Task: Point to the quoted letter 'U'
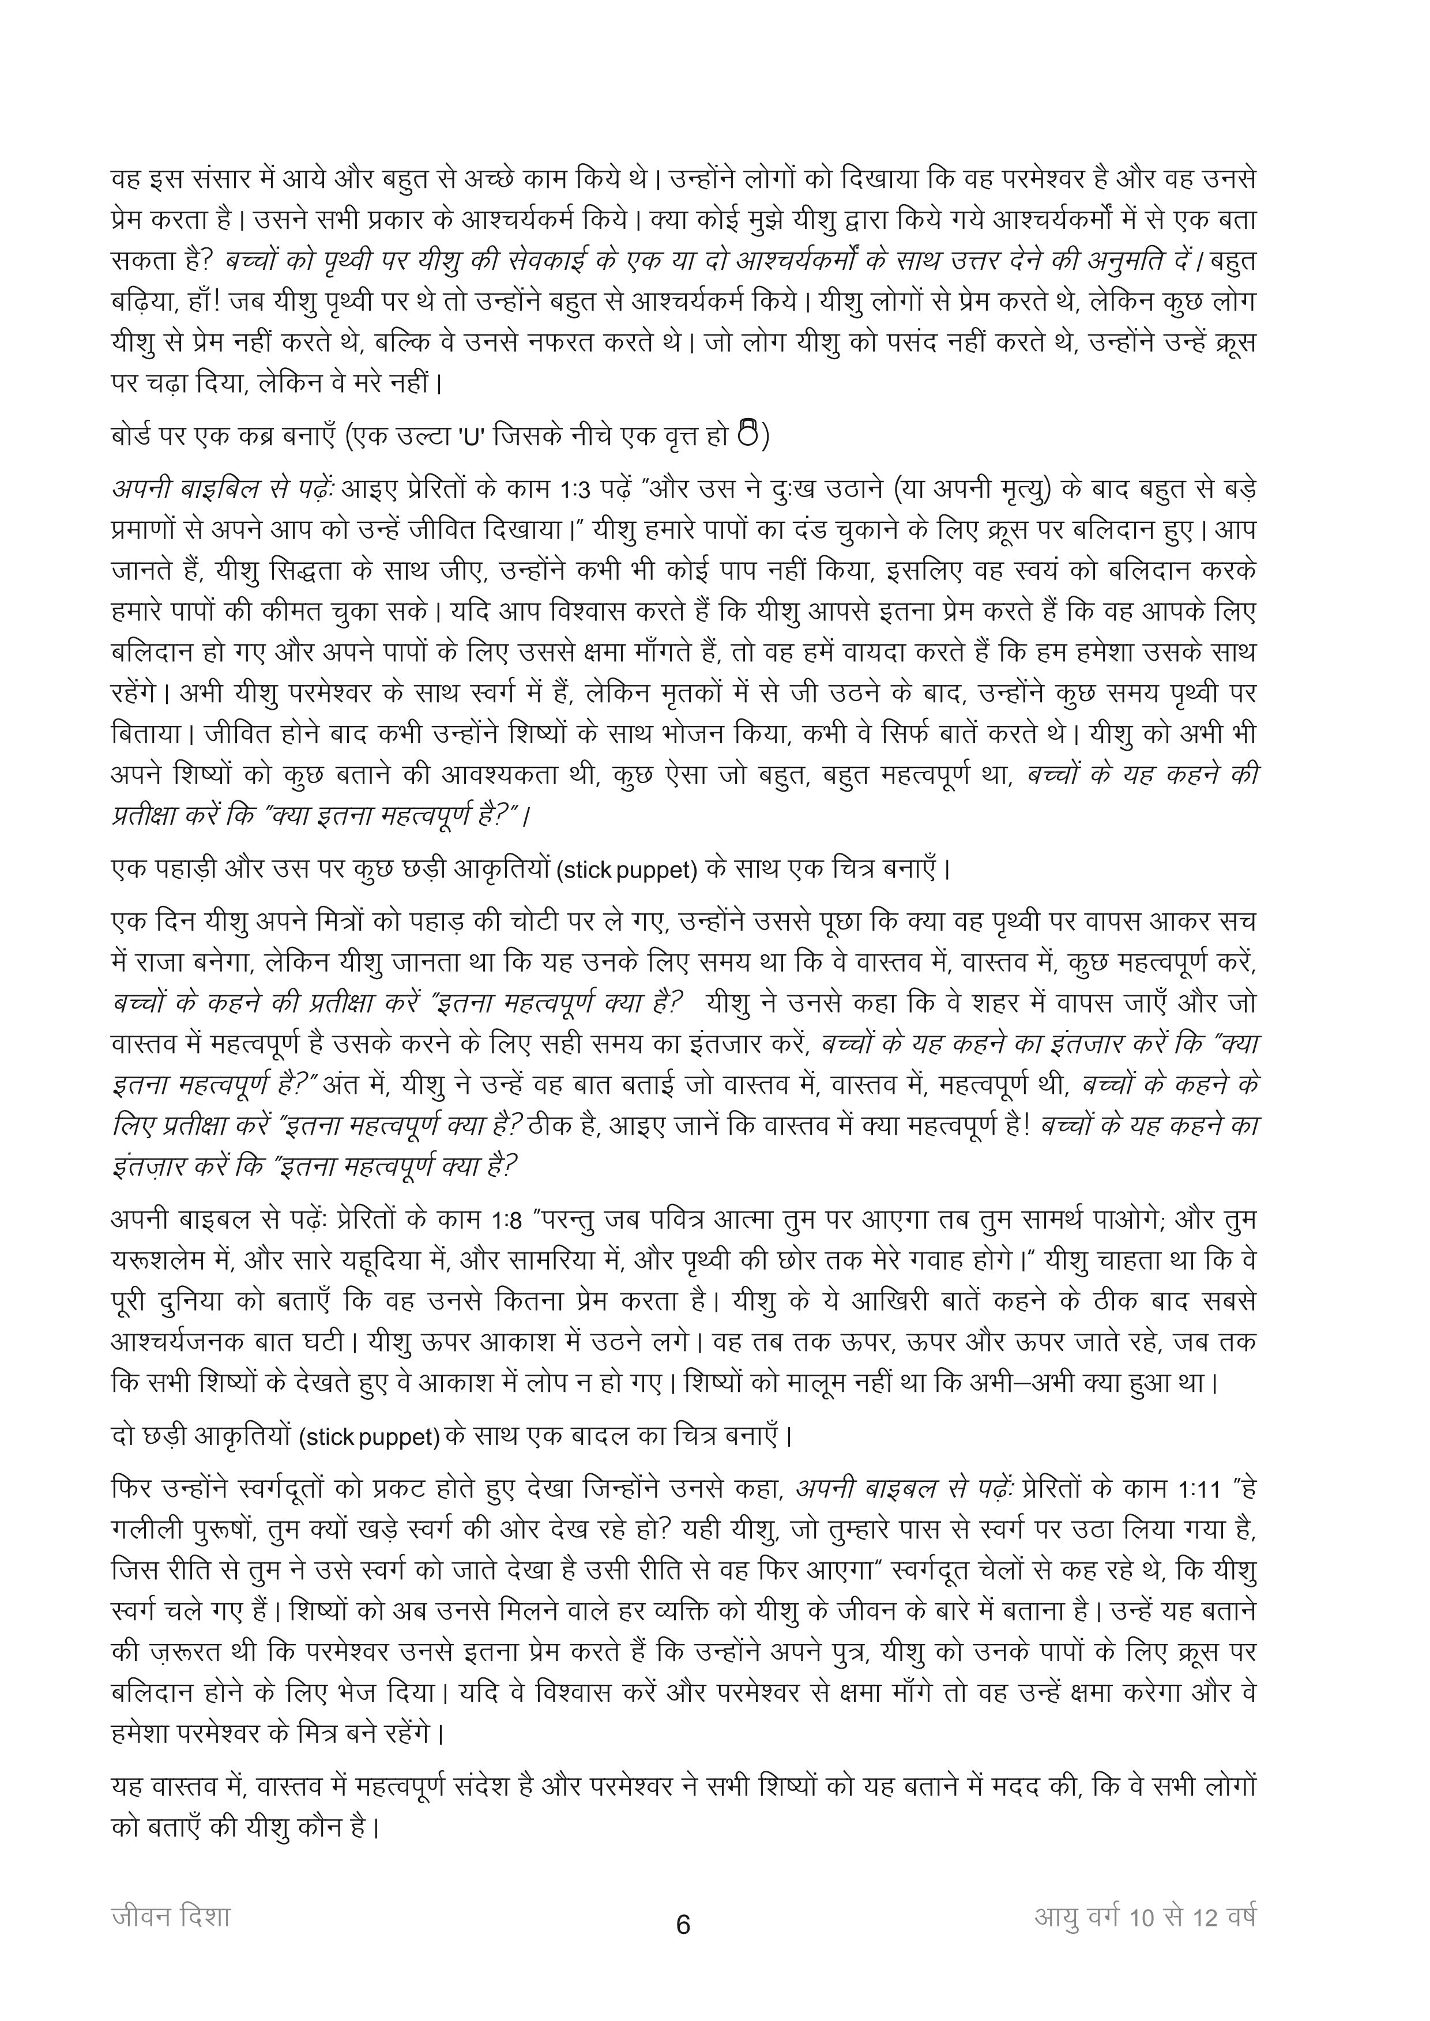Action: (x=470, y=437)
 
